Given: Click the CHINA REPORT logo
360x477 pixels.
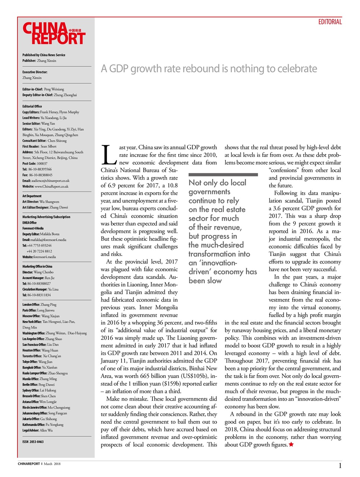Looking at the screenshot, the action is pos(54,34).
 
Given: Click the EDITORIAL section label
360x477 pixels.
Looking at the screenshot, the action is pos(330,22).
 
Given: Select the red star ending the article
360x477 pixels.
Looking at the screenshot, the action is pos(291,445).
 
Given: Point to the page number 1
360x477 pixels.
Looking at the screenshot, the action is pos(340,465).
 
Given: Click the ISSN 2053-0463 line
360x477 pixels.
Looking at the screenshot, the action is pos(33,442).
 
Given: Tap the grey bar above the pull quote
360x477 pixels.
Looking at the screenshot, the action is pos(223,174).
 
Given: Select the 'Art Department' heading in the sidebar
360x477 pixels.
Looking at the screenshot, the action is pos(32,196).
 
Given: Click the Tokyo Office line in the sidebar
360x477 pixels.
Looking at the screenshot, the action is pos(37,362).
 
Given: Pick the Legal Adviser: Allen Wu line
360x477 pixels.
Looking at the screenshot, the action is pos(37,430).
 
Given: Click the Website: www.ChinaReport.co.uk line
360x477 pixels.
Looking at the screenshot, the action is pos(45,186).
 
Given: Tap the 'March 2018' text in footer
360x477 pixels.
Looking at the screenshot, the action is pos(52,464).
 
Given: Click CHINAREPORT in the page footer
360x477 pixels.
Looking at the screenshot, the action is pos(29,464).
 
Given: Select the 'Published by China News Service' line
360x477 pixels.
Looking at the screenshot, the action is pos(44,55).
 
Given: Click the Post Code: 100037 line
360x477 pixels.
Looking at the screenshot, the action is pos(35,164).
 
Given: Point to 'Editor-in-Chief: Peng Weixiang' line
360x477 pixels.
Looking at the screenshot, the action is pos(43,89).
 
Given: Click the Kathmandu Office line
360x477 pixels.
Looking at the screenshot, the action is pos(42,425).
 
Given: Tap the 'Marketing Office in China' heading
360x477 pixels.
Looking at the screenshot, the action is pos(37,266).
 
